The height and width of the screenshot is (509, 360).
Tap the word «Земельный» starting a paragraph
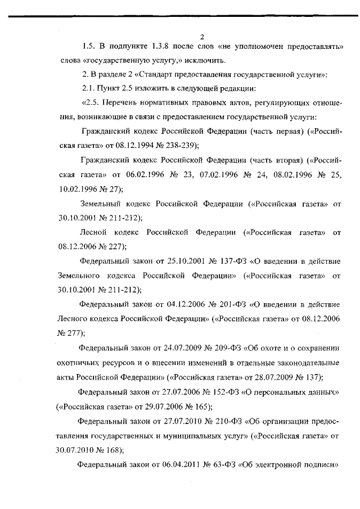pos(99,203)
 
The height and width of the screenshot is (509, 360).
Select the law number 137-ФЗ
pos(220,262)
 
